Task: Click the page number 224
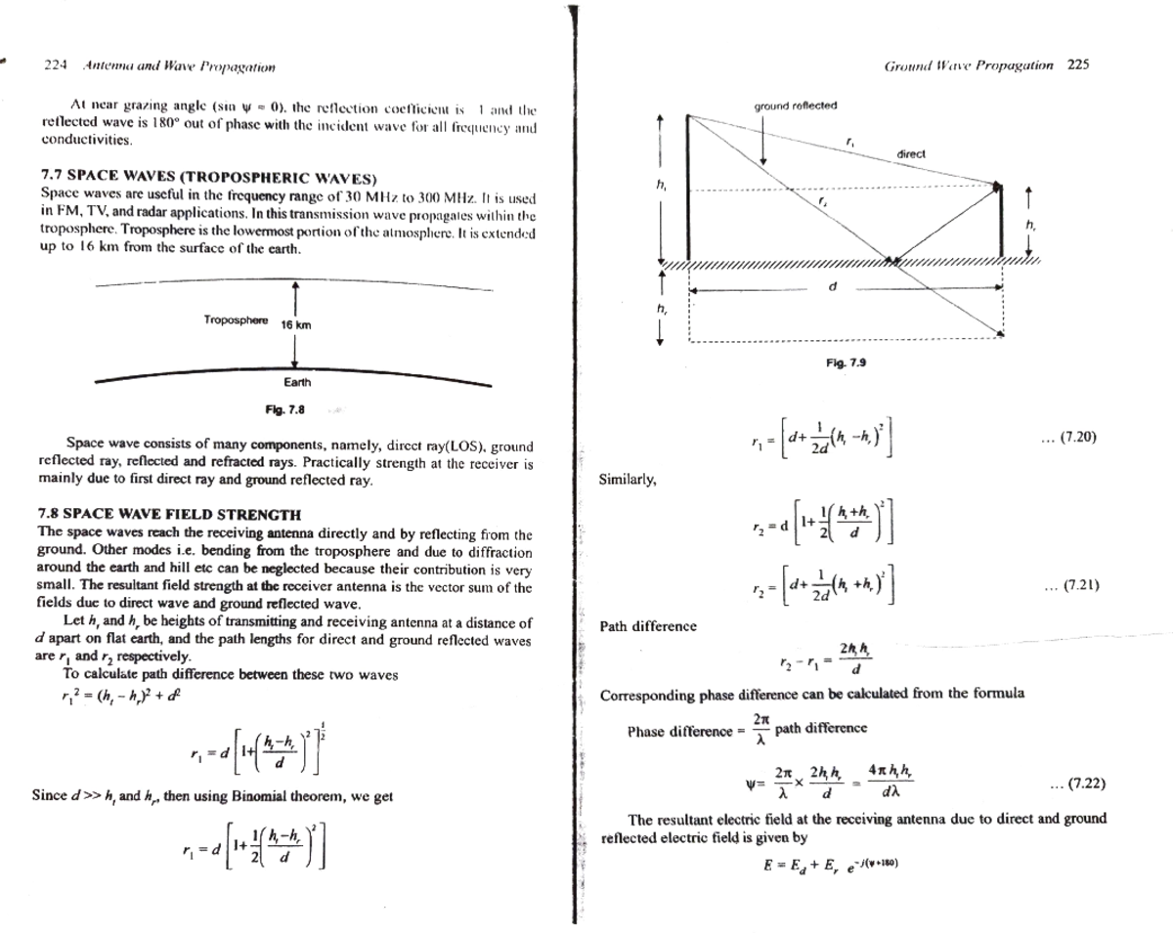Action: click(x=55, y=66)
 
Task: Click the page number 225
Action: click(x=1078, y=65)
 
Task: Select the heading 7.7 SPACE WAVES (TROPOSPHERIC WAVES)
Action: click(x=208, y=179)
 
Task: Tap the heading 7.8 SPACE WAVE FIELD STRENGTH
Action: click(x=169, y=515)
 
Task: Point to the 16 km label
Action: click(x=296, y=324)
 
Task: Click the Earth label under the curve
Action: click(x=297, y=384)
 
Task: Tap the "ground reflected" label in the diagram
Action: click(x=795, y=106)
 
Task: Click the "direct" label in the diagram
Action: click(x=910, y=154)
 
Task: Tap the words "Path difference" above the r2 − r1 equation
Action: click(x=648, y=626)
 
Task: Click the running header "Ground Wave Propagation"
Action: click(x=969, y=65)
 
